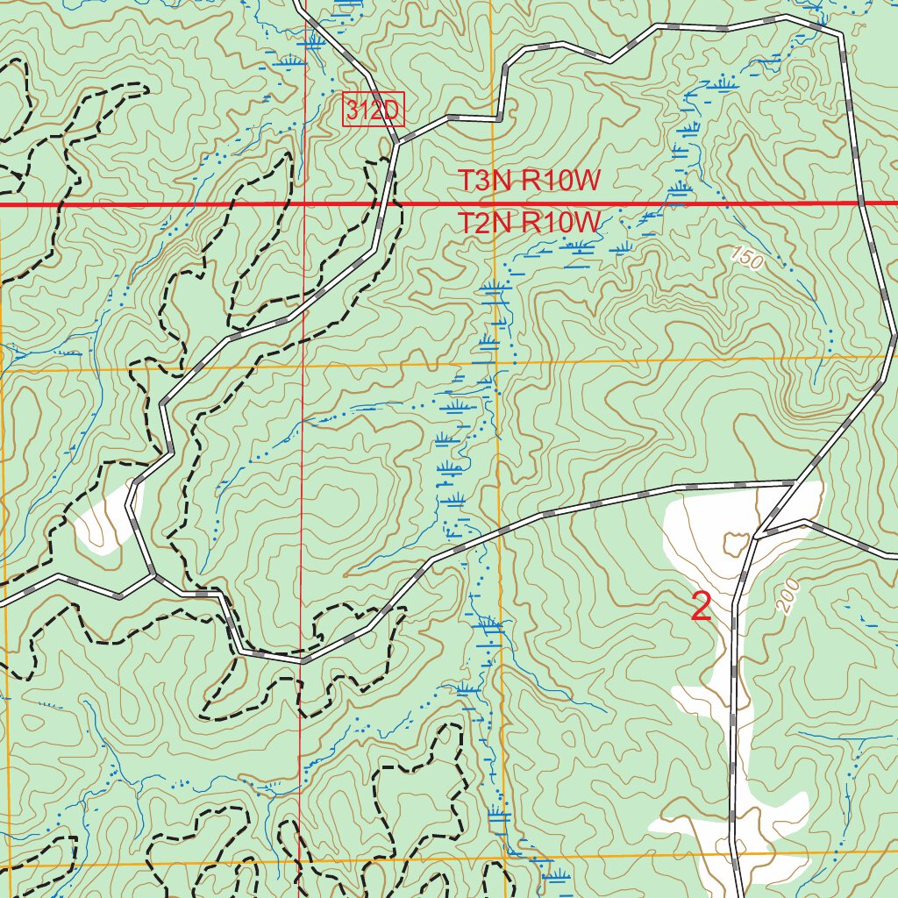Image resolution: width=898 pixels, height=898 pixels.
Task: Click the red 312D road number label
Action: tap(373, 110)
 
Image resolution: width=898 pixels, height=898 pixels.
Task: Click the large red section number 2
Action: tap(701, 607)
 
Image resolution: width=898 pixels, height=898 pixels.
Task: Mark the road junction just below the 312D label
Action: tap(397, 141)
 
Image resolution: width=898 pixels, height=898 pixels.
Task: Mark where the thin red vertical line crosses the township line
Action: tap(304, 203)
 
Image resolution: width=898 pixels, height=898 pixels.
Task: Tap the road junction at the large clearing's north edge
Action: tap(795, 481)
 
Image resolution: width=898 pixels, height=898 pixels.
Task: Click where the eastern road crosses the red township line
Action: tap(861, 203)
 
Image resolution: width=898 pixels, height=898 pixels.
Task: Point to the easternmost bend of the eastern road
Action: tap(894, 335)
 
